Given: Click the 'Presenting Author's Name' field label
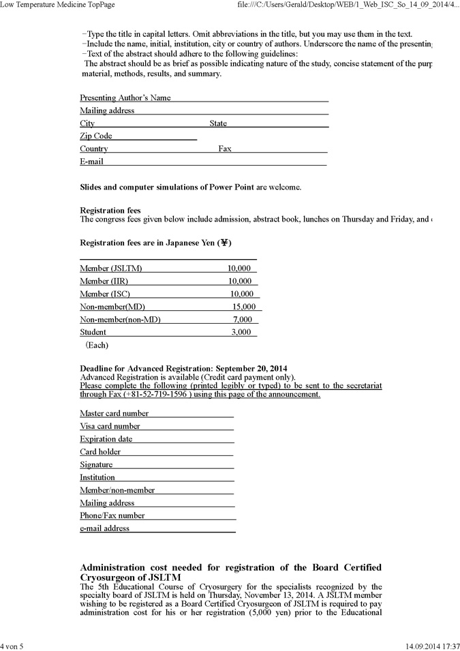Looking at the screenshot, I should pyautogui.click(x=125, y=98).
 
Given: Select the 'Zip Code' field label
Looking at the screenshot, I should pyautogui.click(x=96, y=136).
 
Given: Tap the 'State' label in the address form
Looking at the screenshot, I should pyautogui.click(x=218, y=123).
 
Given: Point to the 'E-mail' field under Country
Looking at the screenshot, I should pyautogui.click(x=92, y=162).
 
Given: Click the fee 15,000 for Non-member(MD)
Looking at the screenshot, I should pyautogui.click(x=243, y=307).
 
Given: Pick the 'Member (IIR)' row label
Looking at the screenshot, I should pyautogui.click(x=104, y=281).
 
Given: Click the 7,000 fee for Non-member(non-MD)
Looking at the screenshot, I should pyautogui.click(x=242, y=320).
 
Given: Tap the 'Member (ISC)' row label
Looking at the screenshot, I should pyautogui.click(x=104, y=294).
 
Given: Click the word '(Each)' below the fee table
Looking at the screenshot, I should pyautogui.click(x=97, y=345).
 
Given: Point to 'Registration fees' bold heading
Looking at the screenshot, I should pyautogui.click(x=110, y=211).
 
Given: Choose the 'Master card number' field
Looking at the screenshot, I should pyautogui.click(x=114, y=413).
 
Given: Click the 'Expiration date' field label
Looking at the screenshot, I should pyautogui.click(x=106, y=439).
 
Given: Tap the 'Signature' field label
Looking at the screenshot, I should pyautogui.click(x=96, y=465).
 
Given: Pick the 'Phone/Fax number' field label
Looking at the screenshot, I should pyautogui.click(x=112, y=515).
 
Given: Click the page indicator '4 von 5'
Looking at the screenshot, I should pyautogui.click(x=12, y=646).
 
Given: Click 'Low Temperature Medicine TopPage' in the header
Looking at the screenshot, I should pyautogui.click(x=57, y=5).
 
